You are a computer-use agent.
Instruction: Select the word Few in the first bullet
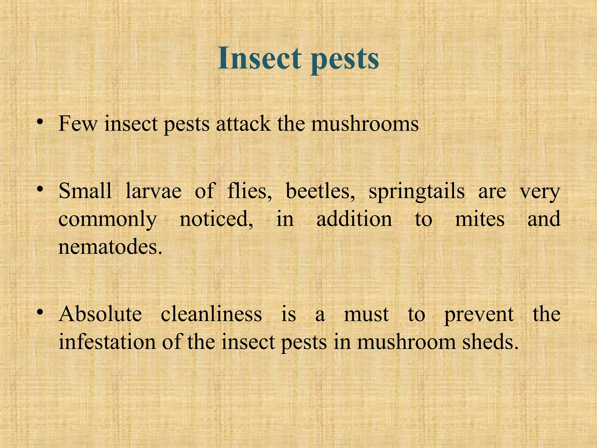click(78, 124)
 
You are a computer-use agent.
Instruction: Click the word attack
click(243, 124)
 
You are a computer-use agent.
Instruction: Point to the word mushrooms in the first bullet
click(365, 124)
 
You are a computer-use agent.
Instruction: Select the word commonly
click(108, 220)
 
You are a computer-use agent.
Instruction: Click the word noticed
click(216, 219)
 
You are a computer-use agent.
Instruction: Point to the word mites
click(480, 219)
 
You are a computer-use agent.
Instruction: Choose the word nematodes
click(110, 247)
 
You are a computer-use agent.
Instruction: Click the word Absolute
click(100, 314)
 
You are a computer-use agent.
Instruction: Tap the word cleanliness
click(211, 314)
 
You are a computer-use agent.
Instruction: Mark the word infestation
click(107, 342)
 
